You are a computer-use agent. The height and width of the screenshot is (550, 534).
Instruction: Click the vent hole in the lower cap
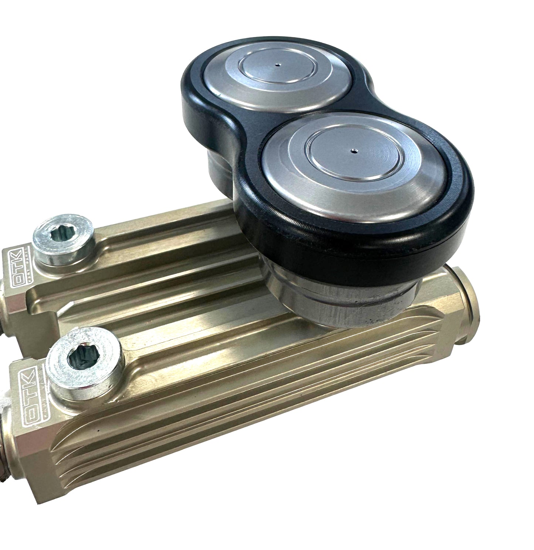click(x=354, y=151)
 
